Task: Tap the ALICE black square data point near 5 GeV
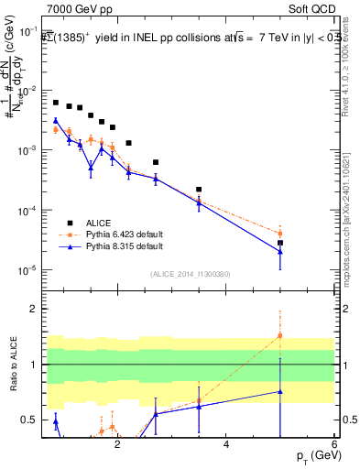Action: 280,243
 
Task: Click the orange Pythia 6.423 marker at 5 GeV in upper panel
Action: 280,234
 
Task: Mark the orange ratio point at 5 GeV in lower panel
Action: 280,335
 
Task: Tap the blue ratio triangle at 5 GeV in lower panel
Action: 280,392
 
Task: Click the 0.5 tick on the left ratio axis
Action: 31,420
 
